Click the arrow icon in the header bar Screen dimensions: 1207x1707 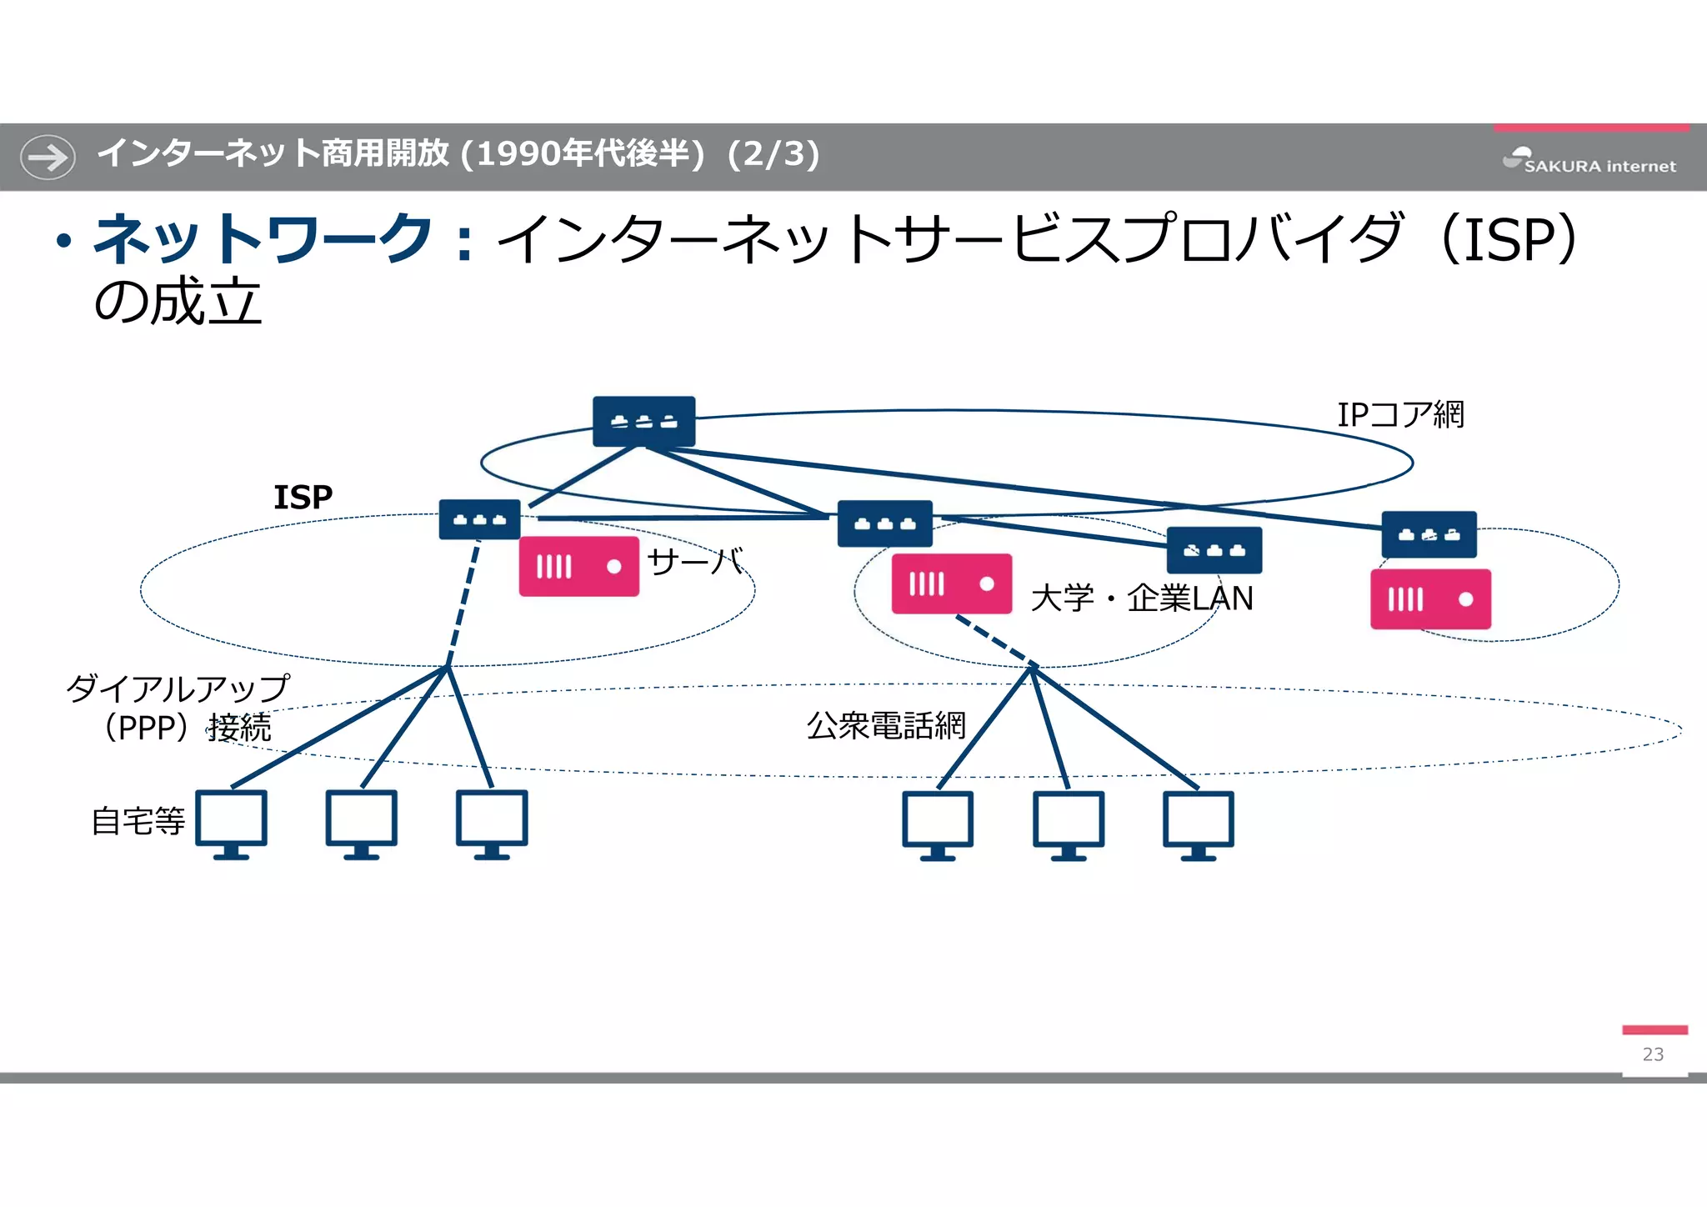(48, 157)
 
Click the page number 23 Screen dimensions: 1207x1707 (1653, 1054)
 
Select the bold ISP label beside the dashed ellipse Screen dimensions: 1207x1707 (303, 498)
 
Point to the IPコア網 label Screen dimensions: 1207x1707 (1399, 414)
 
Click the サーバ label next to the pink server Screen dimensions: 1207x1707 (694, 562)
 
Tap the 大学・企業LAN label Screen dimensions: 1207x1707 (1141, 598)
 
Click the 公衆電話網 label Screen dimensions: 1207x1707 (885, 725)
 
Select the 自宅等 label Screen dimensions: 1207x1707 (138, 821)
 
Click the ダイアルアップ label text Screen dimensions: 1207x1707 (178, 689)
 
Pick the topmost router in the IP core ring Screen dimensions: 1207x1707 (643, 421)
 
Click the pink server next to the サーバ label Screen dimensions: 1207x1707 (578, 567)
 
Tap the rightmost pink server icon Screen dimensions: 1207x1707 (1430, 599)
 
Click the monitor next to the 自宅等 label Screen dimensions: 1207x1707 (232, 824)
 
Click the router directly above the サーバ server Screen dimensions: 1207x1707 (479, 519)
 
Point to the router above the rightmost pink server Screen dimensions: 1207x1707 (1429, 534)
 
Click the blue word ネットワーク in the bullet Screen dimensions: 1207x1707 (263, 239)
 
